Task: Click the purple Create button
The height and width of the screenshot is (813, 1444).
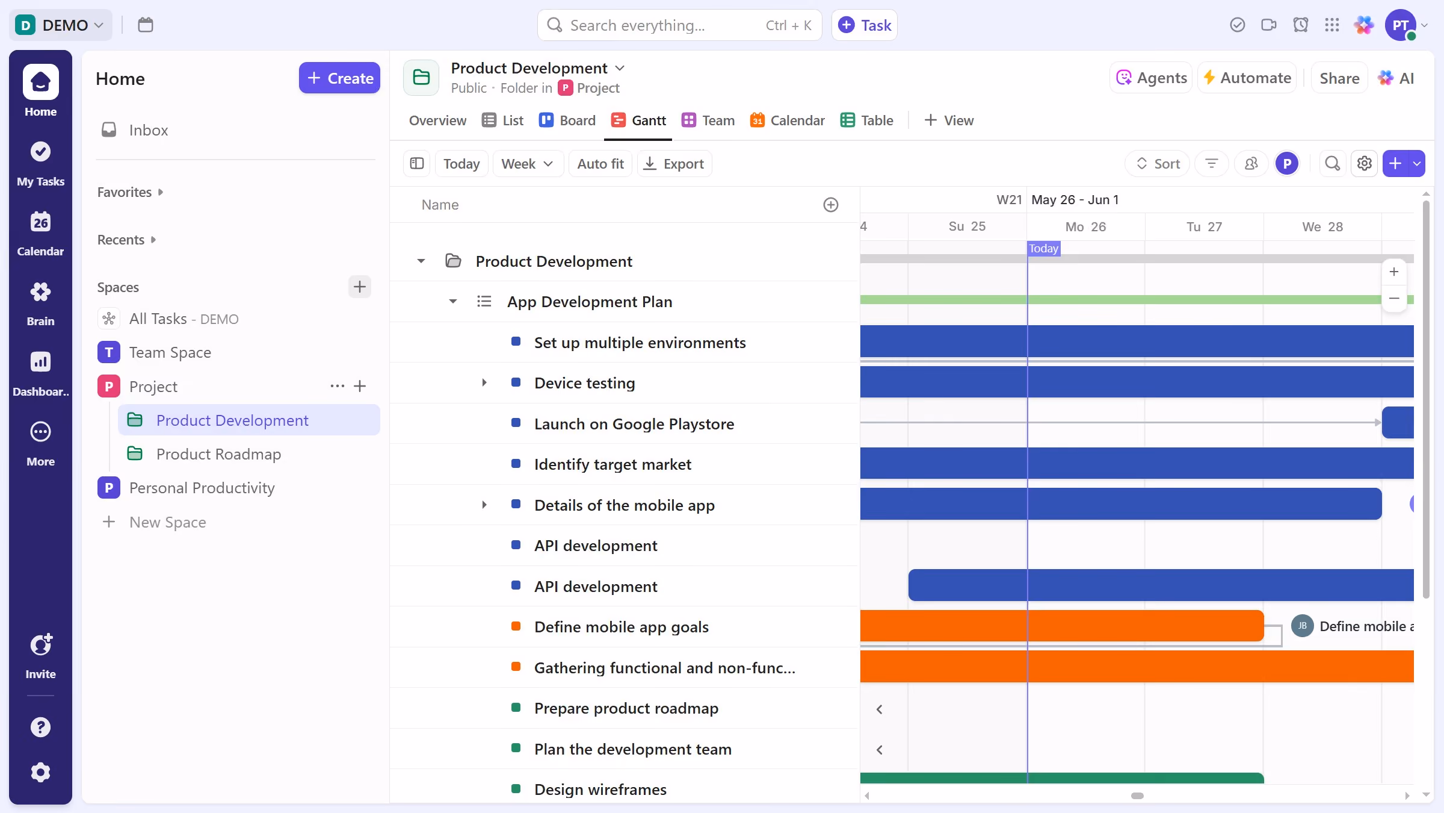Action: (339, 78)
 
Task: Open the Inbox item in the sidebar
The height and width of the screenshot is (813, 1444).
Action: (148, 130)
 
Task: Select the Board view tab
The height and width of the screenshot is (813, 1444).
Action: (567, 120)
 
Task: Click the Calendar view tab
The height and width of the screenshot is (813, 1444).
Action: (787, 120)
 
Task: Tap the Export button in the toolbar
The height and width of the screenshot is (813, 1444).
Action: (674, 164)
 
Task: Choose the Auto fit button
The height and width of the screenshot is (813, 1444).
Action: (600, 164)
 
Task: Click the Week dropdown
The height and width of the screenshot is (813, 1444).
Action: (527, 164)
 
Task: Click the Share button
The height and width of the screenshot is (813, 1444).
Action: (1339, 78)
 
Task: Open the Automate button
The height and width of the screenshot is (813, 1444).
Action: (1247, 78)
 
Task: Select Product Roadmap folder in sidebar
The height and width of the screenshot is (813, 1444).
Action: (218, 454)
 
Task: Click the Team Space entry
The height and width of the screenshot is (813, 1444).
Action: (170, 352)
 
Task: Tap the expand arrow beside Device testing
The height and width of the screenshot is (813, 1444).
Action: (484, 383)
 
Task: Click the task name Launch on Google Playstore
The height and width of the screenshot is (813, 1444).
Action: (634, 424)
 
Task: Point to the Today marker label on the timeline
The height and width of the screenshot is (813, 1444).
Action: (1043, 249)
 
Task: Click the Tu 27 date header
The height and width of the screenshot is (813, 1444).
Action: (1204, 227)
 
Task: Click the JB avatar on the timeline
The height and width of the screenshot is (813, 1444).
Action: (1302, 626)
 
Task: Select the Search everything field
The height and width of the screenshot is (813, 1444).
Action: (679, 25)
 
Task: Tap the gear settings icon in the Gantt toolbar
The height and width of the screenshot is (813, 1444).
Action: (1364, 164)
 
